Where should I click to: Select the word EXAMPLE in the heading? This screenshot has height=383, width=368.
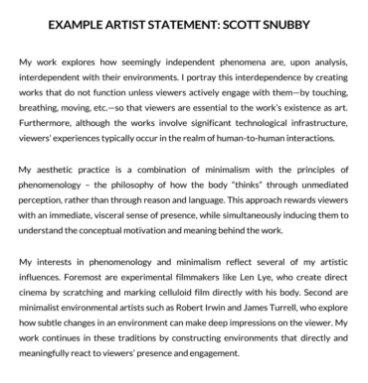click(76, 21)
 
